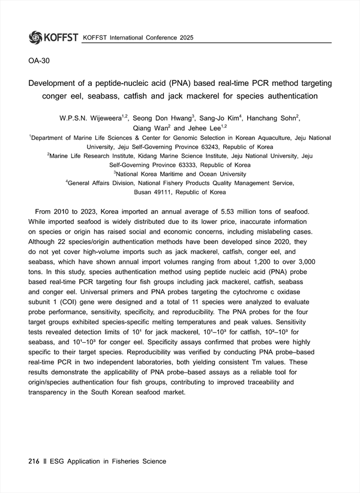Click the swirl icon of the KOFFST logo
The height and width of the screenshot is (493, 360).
(x=35, y=37)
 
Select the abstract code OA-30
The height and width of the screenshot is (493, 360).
(x=40, y=62)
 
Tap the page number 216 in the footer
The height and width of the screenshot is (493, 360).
(x=34, y=461)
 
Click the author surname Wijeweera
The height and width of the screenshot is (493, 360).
(x=116, y=118)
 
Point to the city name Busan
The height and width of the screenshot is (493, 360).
(x=148, y=192)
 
